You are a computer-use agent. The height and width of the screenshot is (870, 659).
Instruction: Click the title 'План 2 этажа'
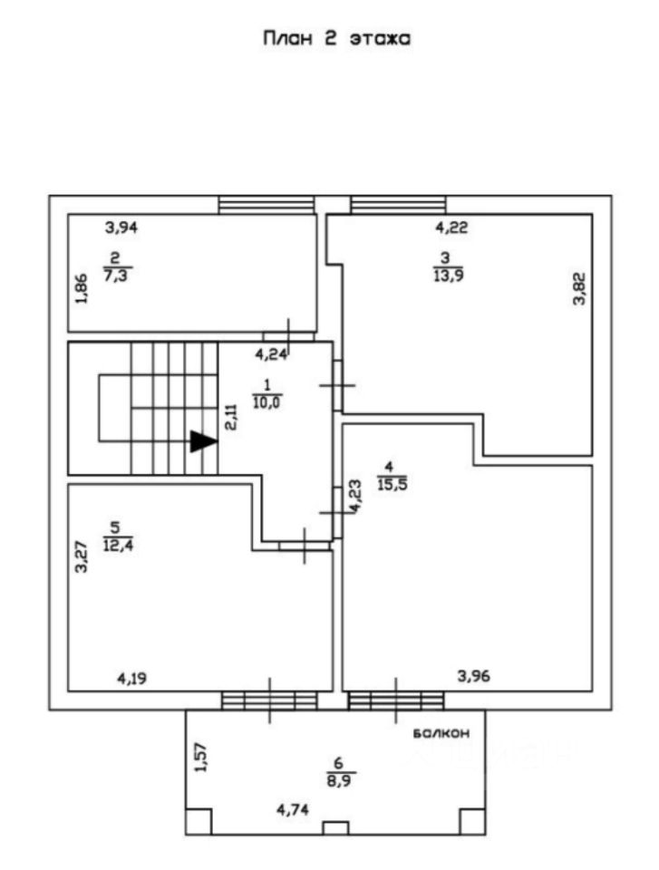tap(336, 39)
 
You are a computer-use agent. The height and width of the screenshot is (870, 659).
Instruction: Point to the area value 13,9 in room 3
tap(445, 274)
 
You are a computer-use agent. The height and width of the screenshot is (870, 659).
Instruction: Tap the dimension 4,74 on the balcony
tap(296, 810)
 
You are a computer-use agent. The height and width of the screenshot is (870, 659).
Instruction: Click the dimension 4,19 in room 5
tap(133, 676)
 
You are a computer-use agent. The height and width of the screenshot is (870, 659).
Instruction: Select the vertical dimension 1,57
tap(201, 758)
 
